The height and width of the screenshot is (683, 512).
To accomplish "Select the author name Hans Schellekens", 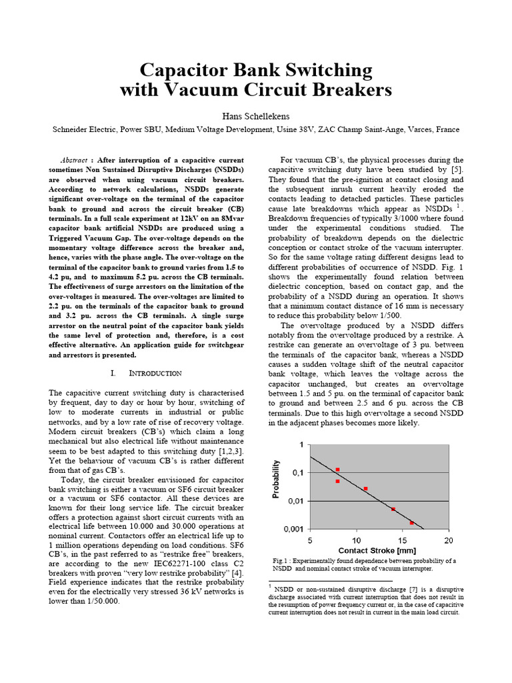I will coord(255,115).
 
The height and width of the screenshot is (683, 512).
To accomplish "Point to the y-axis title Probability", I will coord(275,480).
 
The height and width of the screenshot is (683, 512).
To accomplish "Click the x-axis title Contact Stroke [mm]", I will coord(377,550).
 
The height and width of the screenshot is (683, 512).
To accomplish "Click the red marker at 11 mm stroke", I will coord(365,489).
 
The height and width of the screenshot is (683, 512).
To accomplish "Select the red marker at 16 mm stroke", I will coord(411,523).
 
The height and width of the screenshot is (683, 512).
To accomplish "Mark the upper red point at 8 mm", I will coord(337,470).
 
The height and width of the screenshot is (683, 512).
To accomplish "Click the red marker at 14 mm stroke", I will coord(393,509).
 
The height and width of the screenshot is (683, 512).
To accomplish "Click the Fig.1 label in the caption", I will coord(280,561).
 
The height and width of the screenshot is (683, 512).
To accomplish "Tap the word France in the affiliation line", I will coord(447,129).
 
